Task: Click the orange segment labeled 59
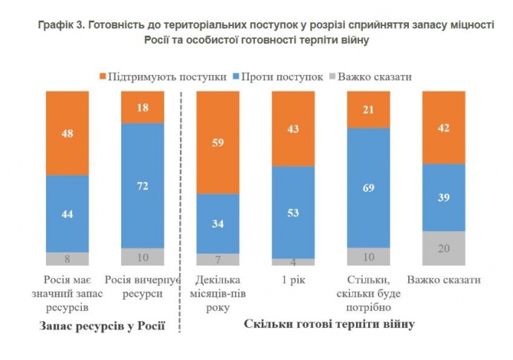216,143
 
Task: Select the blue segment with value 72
142,184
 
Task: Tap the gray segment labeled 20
444,248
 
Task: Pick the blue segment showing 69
369,187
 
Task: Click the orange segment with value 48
67,133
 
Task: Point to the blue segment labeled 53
293,212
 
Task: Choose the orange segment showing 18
142,107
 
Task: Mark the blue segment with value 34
216,223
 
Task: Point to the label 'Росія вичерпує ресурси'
142,286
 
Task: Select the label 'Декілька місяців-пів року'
216,292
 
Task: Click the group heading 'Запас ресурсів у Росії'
100,326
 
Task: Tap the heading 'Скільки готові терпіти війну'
329,324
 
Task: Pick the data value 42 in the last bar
444,127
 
